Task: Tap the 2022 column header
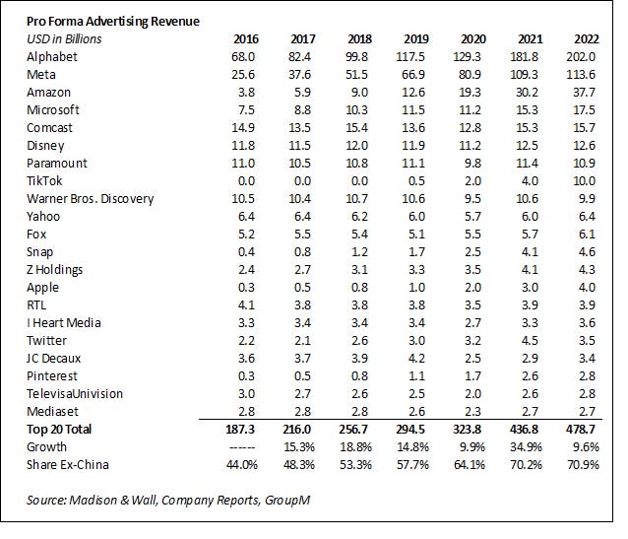[x=587, y=39]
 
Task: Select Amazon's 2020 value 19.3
[x=472, y=92]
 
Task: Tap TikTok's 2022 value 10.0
[x=587, y=180]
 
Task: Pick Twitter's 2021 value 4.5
[x=531, y=340]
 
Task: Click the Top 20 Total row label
[x=71, y=430]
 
